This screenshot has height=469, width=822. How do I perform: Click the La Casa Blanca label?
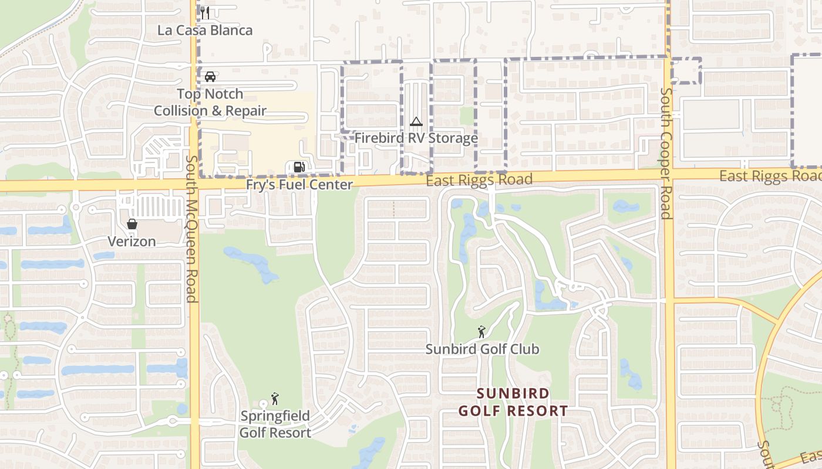[x=205, y=30]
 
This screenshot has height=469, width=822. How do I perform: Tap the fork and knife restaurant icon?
[x=205, y=12]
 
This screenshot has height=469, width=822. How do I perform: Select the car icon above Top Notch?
[x=210, y=76]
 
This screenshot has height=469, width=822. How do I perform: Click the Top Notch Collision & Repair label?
[x=210, y=102]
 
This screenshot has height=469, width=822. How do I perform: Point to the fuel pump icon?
[x=299, y=167]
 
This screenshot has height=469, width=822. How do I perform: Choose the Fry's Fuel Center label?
[x=299, y=185]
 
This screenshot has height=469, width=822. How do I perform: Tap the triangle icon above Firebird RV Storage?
[x=416, y=122]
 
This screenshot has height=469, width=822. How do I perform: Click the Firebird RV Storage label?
[x=416, y=138]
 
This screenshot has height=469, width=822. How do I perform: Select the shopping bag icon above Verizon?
[x=132, y=224]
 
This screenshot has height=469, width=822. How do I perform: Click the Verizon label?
[x=132, y=242]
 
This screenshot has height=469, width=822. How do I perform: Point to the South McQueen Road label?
[x=191, y=229]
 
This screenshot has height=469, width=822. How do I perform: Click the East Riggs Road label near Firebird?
[x=479, y=180]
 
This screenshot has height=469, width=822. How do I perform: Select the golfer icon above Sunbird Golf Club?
[x=481, y=332]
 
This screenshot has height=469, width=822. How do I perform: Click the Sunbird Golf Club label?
[x=482, y=349]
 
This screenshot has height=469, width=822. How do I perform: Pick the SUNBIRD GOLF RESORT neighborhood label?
[x=513, y=402]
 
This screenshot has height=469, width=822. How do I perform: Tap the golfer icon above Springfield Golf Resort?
[x=275, y=399]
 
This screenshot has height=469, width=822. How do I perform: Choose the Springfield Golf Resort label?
[x=275, y=424]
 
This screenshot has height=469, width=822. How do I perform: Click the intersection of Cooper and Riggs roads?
[x=669, y=174]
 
